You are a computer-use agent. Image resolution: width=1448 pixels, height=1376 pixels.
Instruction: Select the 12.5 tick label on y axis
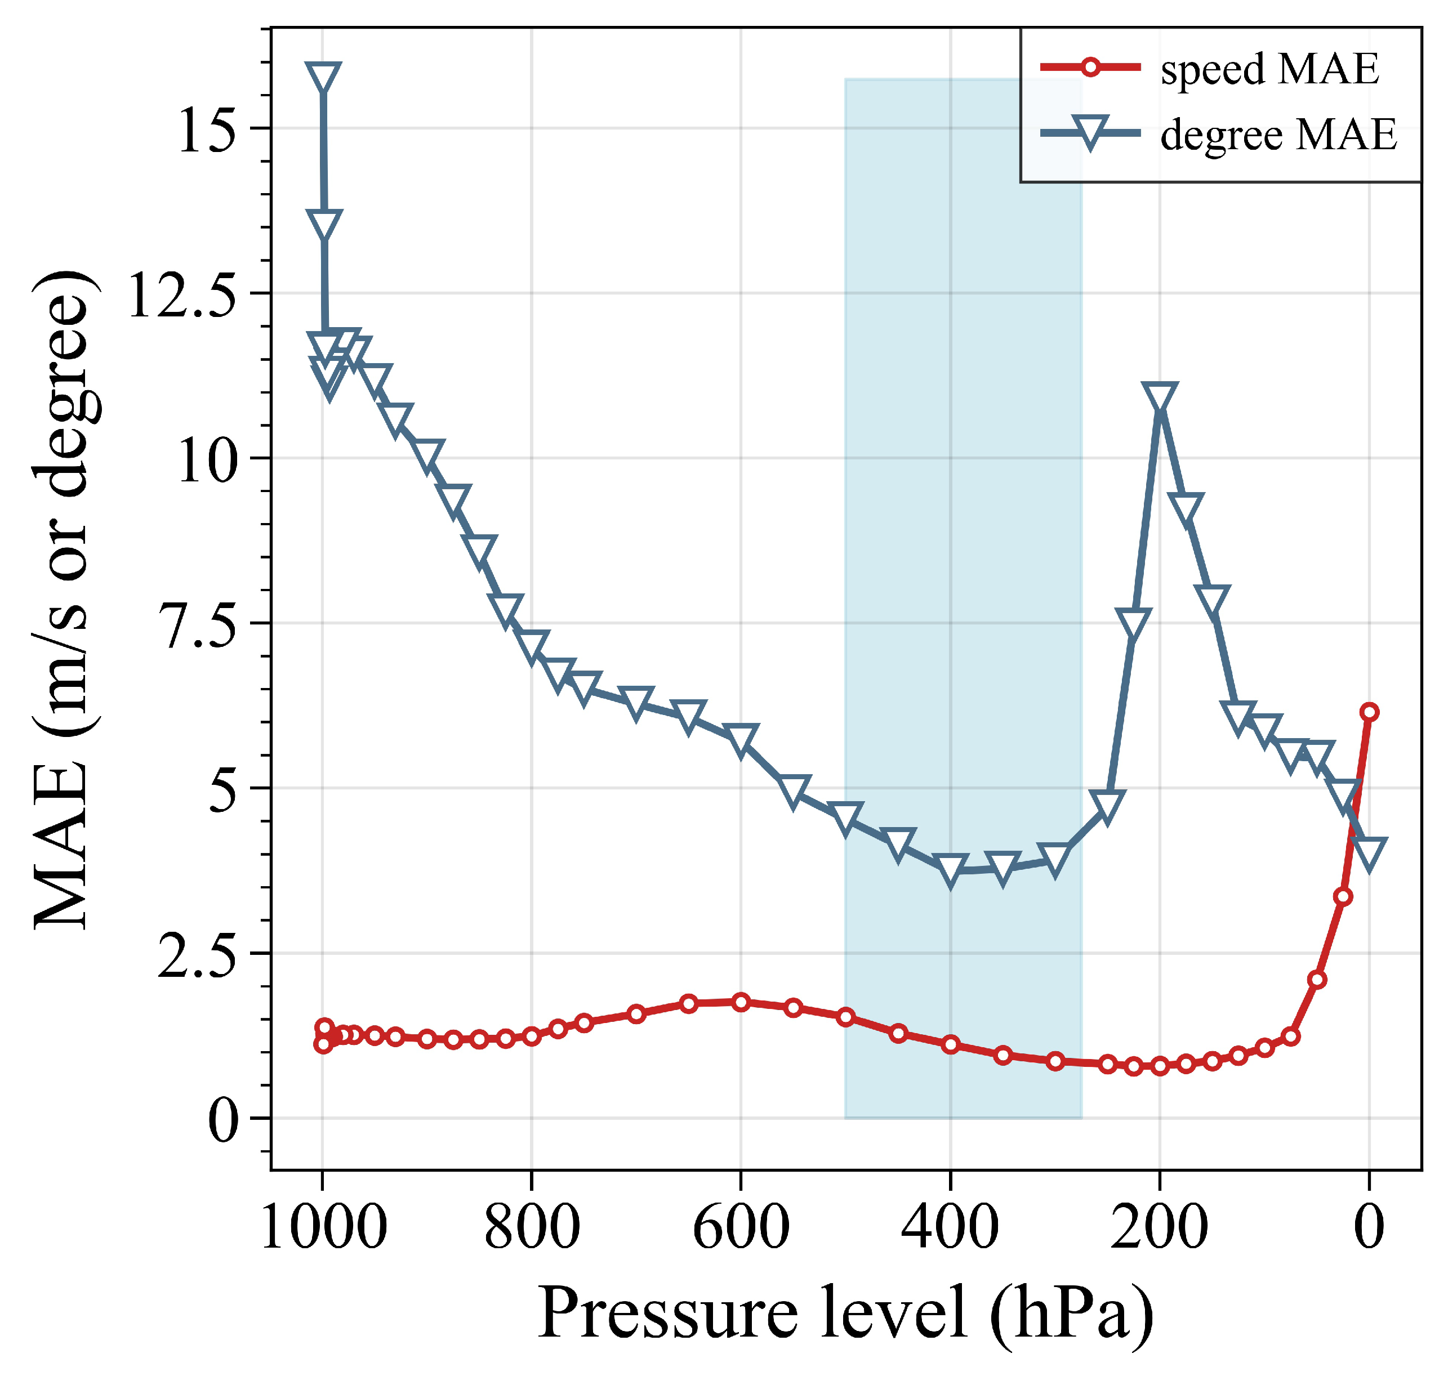(182, 297)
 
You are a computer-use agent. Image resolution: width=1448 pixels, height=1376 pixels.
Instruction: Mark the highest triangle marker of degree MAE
(323, 77)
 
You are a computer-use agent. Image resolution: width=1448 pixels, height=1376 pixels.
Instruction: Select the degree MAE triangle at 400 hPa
(951, 869)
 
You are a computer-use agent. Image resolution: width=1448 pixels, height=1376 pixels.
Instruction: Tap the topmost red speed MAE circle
(1369, 712)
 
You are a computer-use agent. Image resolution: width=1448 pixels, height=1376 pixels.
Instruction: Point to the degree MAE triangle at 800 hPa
(532, 645)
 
